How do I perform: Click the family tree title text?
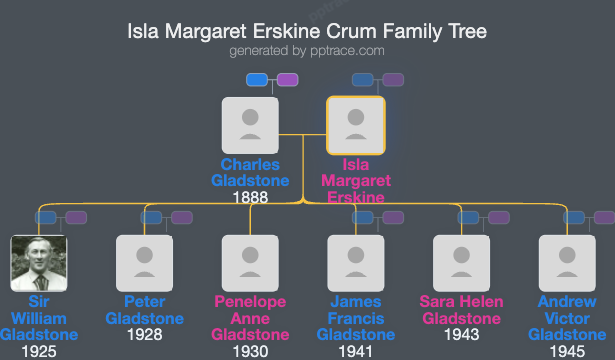(307, 31)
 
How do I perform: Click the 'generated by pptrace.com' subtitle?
(307, 50)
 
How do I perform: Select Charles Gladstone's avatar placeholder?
(250, 125)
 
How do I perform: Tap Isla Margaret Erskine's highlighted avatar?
(355, 125)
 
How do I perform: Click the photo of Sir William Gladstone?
(39, 262)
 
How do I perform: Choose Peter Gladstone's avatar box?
(145, 262)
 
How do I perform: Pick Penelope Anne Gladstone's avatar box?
(250, 262)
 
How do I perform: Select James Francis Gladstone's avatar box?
(355, 262)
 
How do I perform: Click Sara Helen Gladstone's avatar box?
(462, 262)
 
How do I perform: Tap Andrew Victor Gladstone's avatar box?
(567, 262)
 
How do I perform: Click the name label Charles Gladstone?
(250, 172)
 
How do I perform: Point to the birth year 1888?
(250, 197)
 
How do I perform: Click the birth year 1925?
(39, 351)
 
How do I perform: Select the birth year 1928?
(145, 335)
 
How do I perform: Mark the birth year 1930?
(250, 351)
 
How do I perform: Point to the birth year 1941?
(355, 351)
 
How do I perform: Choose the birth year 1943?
(462, 335)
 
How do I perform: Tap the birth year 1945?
(567, 351)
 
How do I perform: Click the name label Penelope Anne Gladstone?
(250, 318)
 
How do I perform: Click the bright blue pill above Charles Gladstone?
(257, 79)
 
